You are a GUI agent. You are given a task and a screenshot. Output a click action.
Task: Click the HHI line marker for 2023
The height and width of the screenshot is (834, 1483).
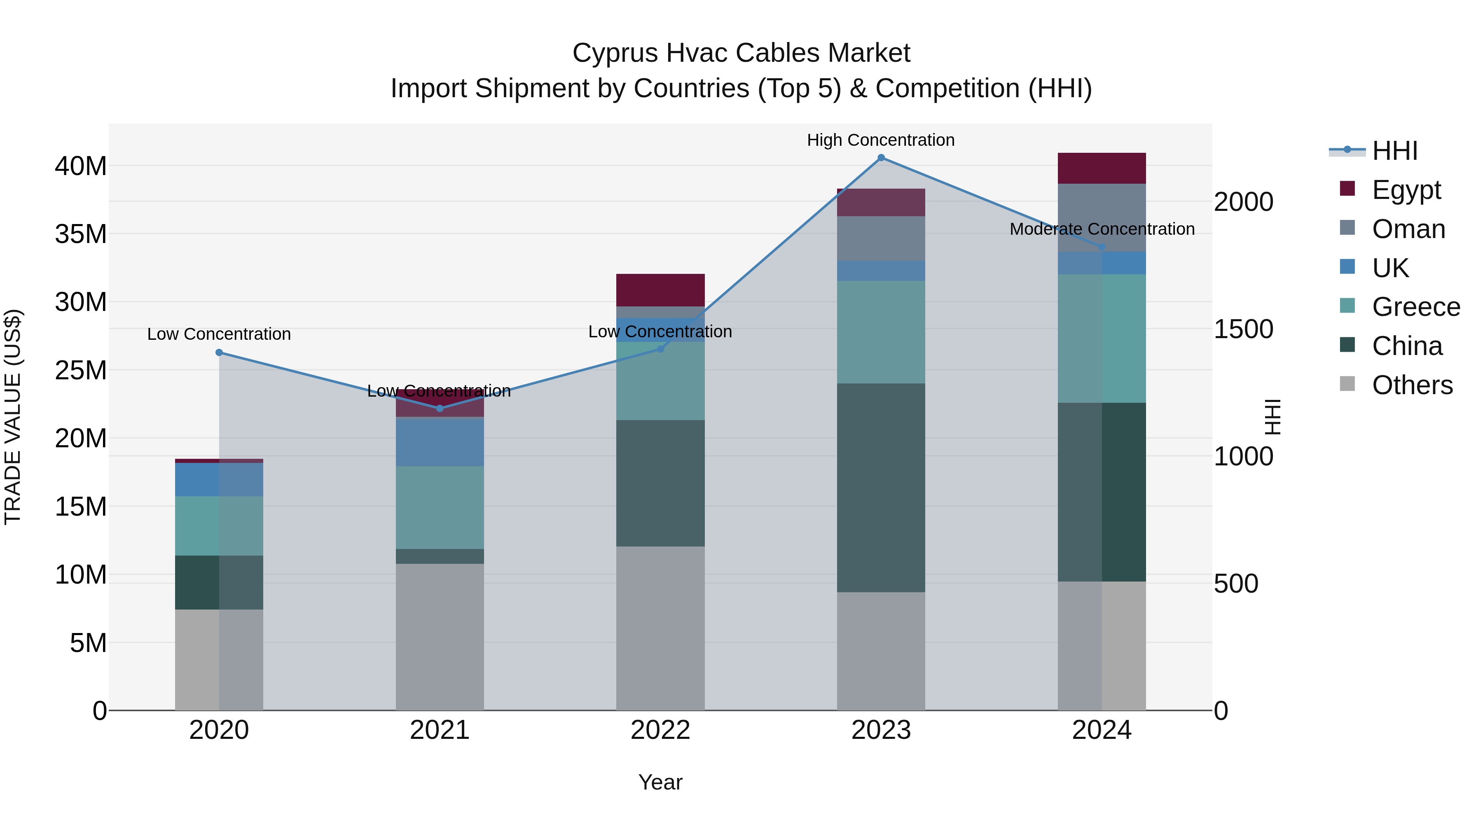point(881,158)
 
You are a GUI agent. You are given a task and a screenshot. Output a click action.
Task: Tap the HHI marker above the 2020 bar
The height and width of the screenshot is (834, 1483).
point(219,352)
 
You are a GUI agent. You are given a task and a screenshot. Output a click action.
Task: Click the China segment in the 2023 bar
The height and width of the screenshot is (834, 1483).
point(881,488)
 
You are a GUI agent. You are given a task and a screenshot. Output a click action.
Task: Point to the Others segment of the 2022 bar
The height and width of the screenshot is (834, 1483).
point(660,628)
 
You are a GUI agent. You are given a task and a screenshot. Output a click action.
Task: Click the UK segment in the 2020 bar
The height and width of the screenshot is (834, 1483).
point(219,479)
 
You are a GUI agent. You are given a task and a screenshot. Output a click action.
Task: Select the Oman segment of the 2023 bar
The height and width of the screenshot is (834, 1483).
point(881,238)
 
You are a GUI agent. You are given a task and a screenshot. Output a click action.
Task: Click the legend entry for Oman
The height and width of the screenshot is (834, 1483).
point(1408,229)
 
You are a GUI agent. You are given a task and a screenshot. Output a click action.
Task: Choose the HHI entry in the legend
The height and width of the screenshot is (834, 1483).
point(1394,151)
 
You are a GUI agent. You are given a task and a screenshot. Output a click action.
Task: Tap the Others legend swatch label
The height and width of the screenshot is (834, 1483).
point(1412,385)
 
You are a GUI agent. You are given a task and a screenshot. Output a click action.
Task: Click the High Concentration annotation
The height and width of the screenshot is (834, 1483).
point(880,140)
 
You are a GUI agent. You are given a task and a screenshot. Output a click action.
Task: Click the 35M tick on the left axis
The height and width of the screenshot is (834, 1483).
point(81,234)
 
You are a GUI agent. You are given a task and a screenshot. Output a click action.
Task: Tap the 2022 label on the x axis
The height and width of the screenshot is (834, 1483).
point(660,730)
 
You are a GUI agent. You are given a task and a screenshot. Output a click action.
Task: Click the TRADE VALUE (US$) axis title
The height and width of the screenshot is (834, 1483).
point(13,417)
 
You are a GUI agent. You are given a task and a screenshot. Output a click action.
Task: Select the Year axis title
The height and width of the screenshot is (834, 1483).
point(660,782)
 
